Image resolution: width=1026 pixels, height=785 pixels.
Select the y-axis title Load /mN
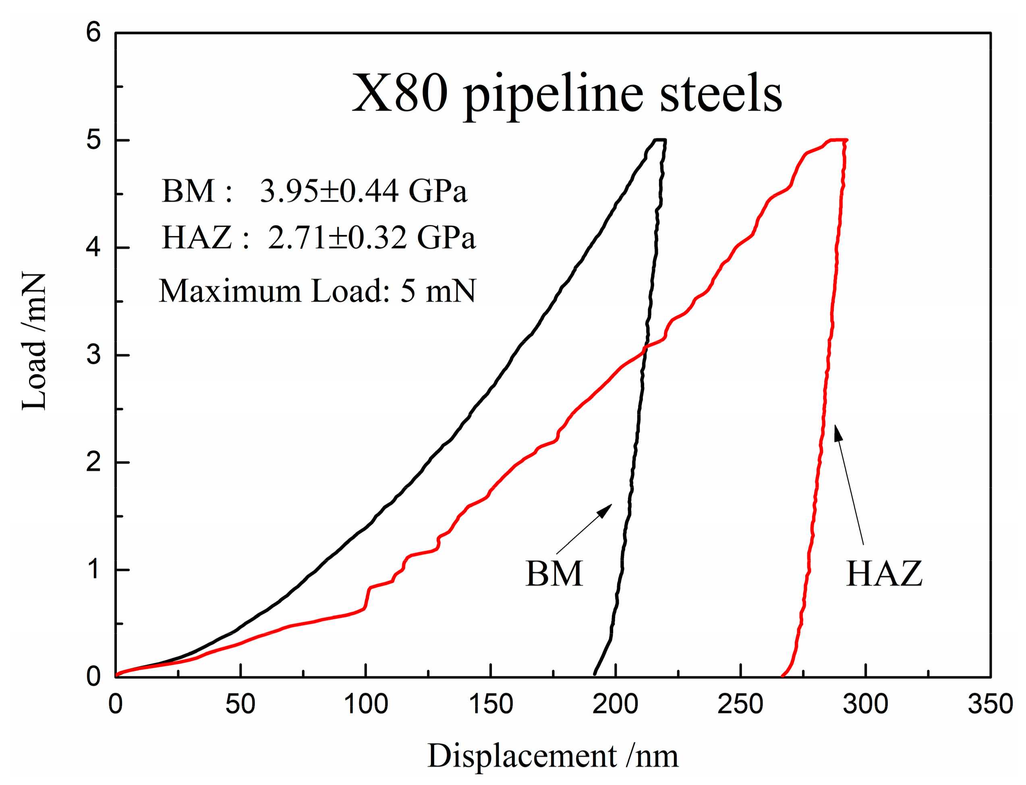(33, 341)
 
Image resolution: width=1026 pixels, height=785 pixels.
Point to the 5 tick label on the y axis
(93, 140)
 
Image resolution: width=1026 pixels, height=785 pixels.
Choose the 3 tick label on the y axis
(93, 355)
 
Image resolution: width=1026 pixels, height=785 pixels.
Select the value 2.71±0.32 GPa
(371, 237)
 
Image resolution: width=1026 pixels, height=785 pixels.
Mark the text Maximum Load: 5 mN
(317, 291)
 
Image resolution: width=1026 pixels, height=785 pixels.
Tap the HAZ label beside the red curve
(884, 573)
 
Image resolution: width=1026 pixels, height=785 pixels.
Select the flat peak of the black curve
(659, 140)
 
